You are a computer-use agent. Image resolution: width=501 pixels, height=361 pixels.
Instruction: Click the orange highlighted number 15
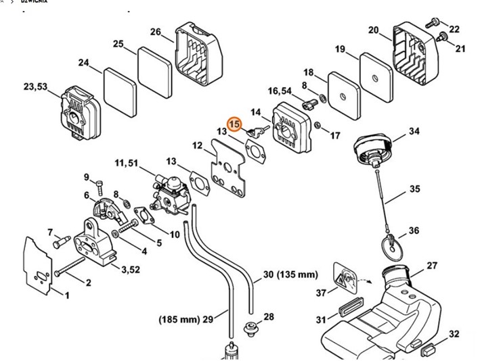tap(234, 124)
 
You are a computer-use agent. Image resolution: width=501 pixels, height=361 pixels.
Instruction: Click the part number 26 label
tap(156, 32)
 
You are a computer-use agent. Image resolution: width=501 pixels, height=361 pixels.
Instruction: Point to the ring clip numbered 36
tap(391, 245)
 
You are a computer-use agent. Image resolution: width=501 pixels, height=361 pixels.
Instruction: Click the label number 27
tap(432, 265)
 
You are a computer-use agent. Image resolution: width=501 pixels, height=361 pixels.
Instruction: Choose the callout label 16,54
tap(280, 91)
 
